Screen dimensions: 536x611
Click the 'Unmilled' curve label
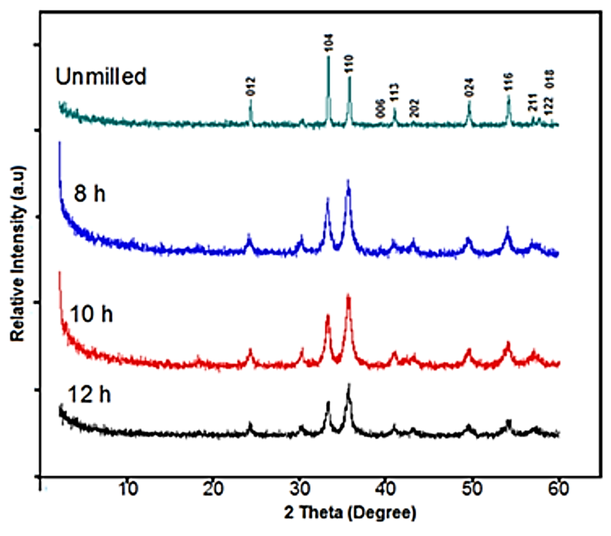101,76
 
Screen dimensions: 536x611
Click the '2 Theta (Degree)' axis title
350,513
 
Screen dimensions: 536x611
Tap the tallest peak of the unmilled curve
328,57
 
